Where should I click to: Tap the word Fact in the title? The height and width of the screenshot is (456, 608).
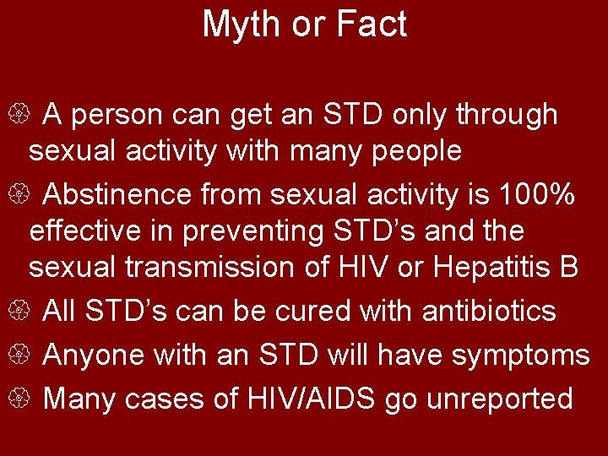coord(372,24)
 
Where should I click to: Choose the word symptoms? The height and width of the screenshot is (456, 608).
coord(520,356)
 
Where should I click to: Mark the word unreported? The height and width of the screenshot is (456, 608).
coord(500,399)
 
